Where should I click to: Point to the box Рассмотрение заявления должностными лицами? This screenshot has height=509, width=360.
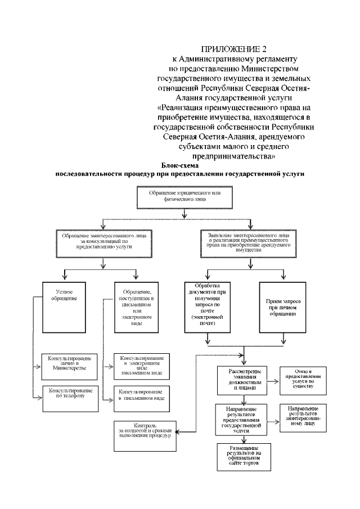pos(243,380)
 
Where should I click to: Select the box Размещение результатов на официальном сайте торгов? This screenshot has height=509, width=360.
pos(243,456)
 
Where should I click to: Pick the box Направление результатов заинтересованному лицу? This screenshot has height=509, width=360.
pos(304,416)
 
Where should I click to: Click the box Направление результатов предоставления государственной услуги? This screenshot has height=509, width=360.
pos(243,419)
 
